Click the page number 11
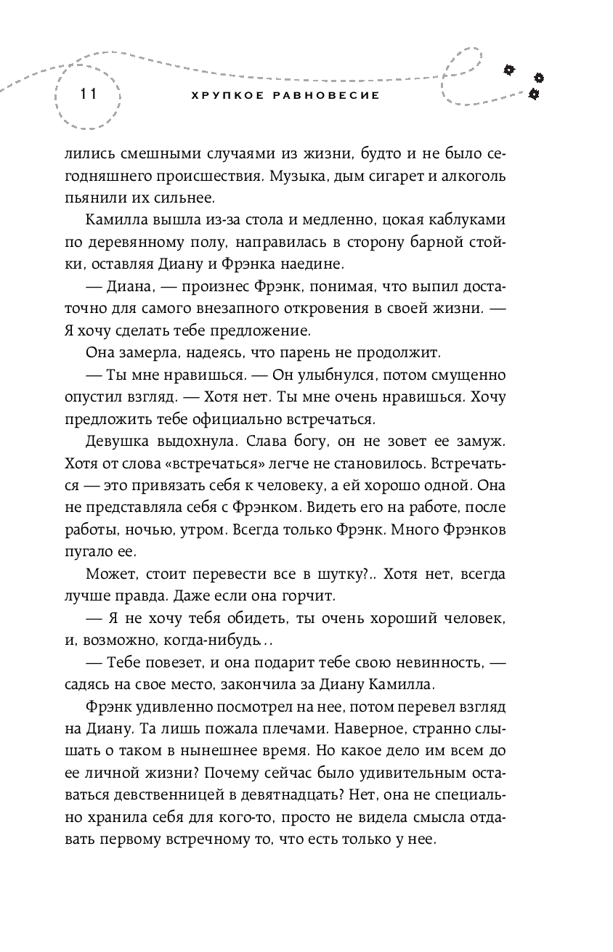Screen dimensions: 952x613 [x=89, y=94]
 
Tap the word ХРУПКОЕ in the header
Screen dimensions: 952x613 [x=218, y=95]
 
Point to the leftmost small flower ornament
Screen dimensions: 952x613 [x=509, y=69]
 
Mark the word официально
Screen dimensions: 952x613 [x=253, y=419]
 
